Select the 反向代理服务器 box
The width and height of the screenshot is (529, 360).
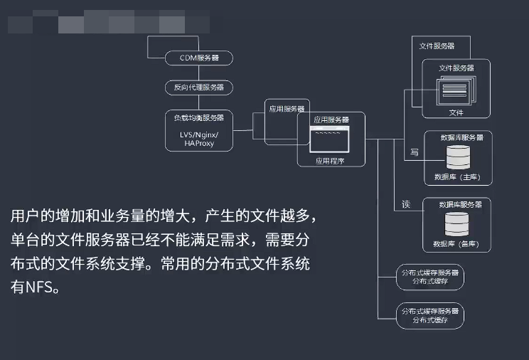pos(199,88)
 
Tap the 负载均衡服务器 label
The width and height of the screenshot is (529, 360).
pos(199,117)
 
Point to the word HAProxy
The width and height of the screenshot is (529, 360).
pos(199,143)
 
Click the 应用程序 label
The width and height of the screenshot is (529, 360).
pos(330,161)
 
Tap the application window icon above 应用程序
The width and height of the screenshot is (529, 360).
pos(329,140)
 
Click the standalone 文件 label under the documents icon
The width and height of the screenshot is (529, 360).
pos(456,112)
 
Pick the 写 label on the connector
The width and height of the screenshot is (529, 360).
pos(415,152)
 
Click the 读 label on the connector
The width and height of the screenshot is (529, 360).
pos(406,205)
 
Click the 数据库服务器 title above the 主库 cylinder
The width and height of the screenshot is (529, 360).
pos(462,137)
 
